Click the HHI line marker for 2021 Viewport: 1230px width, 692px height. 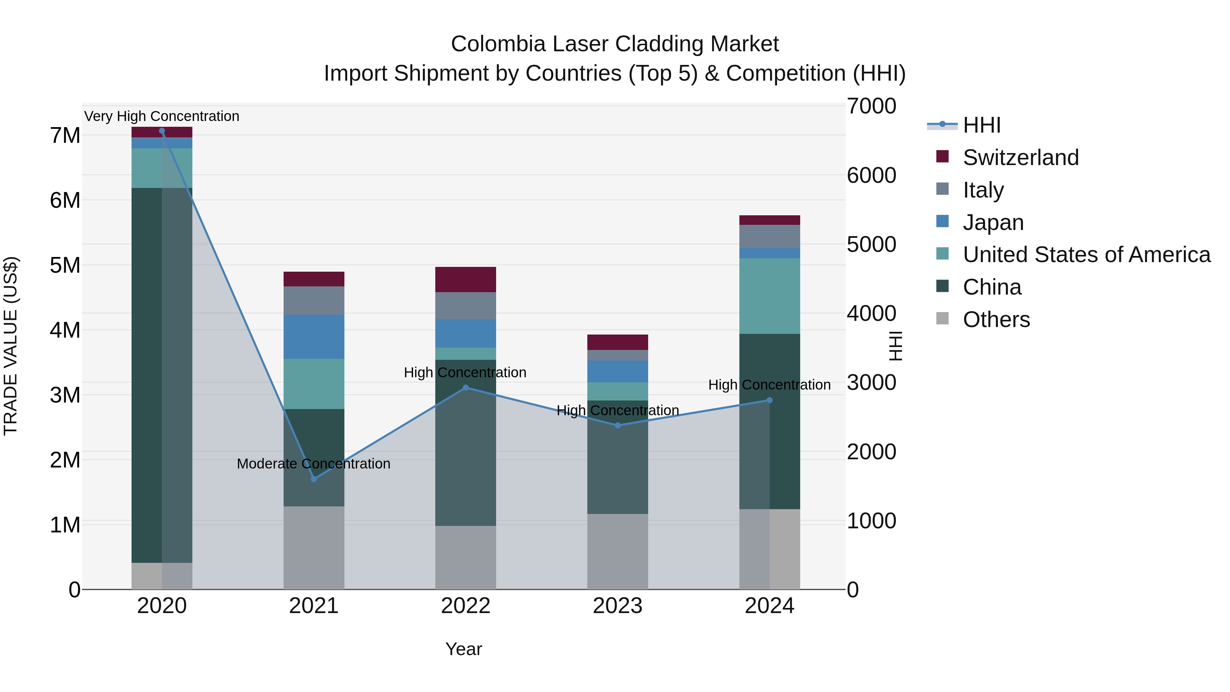(x=314, y=478)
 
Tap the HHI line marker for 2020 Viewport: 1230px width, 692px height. (x=162, y=131)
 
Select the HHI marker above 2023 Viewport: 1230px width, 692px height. (x=617, y=425)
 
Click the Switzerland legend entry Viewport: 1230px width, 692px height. (x=1020, y=158)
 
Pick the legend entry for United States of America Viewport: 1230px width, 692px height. (x=1086, y=255)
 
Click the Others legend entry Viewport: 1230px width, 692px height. (x=996, y=320)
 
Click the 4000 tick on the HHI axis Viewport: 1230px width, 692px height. (x=871, y=313)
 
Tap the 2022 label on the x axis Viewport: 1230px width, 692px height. (x=466, y=606)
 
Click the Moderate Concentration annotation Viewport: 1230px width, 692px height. (x=313, y=464)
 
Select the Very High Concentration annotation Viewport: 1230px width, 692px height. (x=162, y=116)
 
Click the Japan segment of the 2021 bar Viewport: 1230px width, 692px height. (x=314, y=337)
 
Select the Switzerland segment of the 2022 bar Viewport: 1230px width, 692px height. (x=466, y=280)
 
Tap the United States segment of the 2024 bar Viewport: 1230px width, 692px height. (x=769, y=296)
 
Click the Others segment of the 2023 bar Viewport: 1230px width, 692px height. (x=617, y=552)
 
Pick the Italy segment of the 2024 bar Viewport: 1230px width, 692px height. (x=769, y=236)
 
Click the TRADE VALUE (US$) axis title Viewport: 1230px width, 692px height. (x=11, y=346)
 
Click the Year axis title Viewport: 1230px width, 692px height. (x=463, y=649)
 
